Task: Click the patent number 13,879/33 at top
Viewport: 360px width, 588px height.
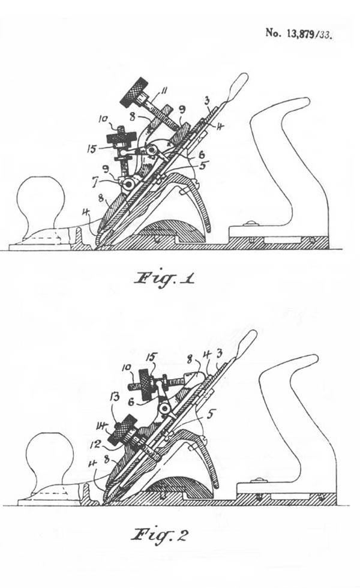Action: tap(299, 34)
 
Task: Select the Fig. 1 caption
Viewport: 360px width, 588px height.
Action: tap(164, 280)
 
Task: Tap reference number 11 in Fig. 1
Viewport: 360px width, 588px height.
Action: tap(164, 91)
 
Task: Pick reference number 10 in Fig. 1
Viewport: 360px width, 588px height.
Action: tap(103, 120)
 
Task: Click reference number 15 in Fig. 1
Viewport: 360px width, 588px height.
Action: tap(91, 149)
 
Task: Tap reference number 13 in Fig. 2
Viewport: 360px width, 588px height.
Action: tap(115, 397)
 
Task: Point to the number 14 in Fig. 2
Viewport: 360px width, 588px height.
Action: tap(101, 425)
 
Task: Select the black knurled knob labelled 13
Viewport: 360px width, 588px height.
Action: tap(122, 430)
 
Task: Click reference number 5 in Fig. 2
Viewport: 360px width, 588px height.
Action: tap(211, 414)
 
